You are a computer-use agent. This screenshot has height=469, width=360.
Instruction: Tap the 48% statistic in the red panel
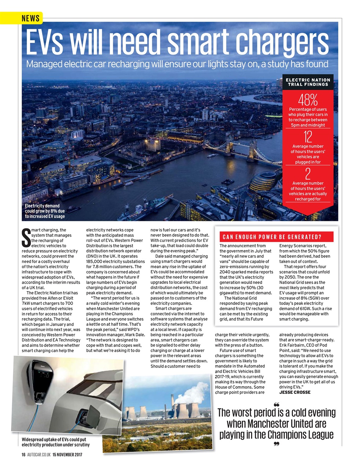[x=308, y=99]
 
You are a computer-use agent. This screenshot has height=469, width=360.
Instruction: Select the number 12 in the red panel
[x=308, y=136]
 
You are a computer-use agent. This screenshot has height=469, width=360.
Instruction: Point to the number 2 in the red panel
[x=308, y=173]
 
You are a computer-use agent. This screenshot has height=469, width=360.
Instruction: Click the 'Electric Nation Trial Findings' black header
[x=308, y=82]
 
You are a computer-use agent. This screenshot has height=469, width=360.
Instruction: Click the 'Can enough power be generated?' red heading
[x=272, y=237]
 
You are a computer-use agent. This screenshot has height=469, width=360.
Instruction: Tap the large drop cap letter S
[x=26, y=238]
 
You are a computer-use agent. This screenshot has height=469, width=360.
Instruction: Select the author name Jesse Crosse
[x=294, y=392]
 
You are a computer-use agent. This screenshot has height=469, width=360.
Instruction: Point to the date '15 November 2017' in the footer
[x=67, y=454]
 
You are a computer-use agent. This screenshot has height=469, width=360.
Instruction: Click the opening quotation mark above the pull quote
[x=276, y=404]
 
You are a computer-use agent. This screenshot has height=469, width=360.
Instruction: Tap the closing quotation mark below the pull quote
[x=276, y=444]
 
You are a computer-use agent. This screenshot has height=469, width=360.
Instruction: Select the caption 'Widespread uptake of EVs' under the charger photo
[x=55, y=442]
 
